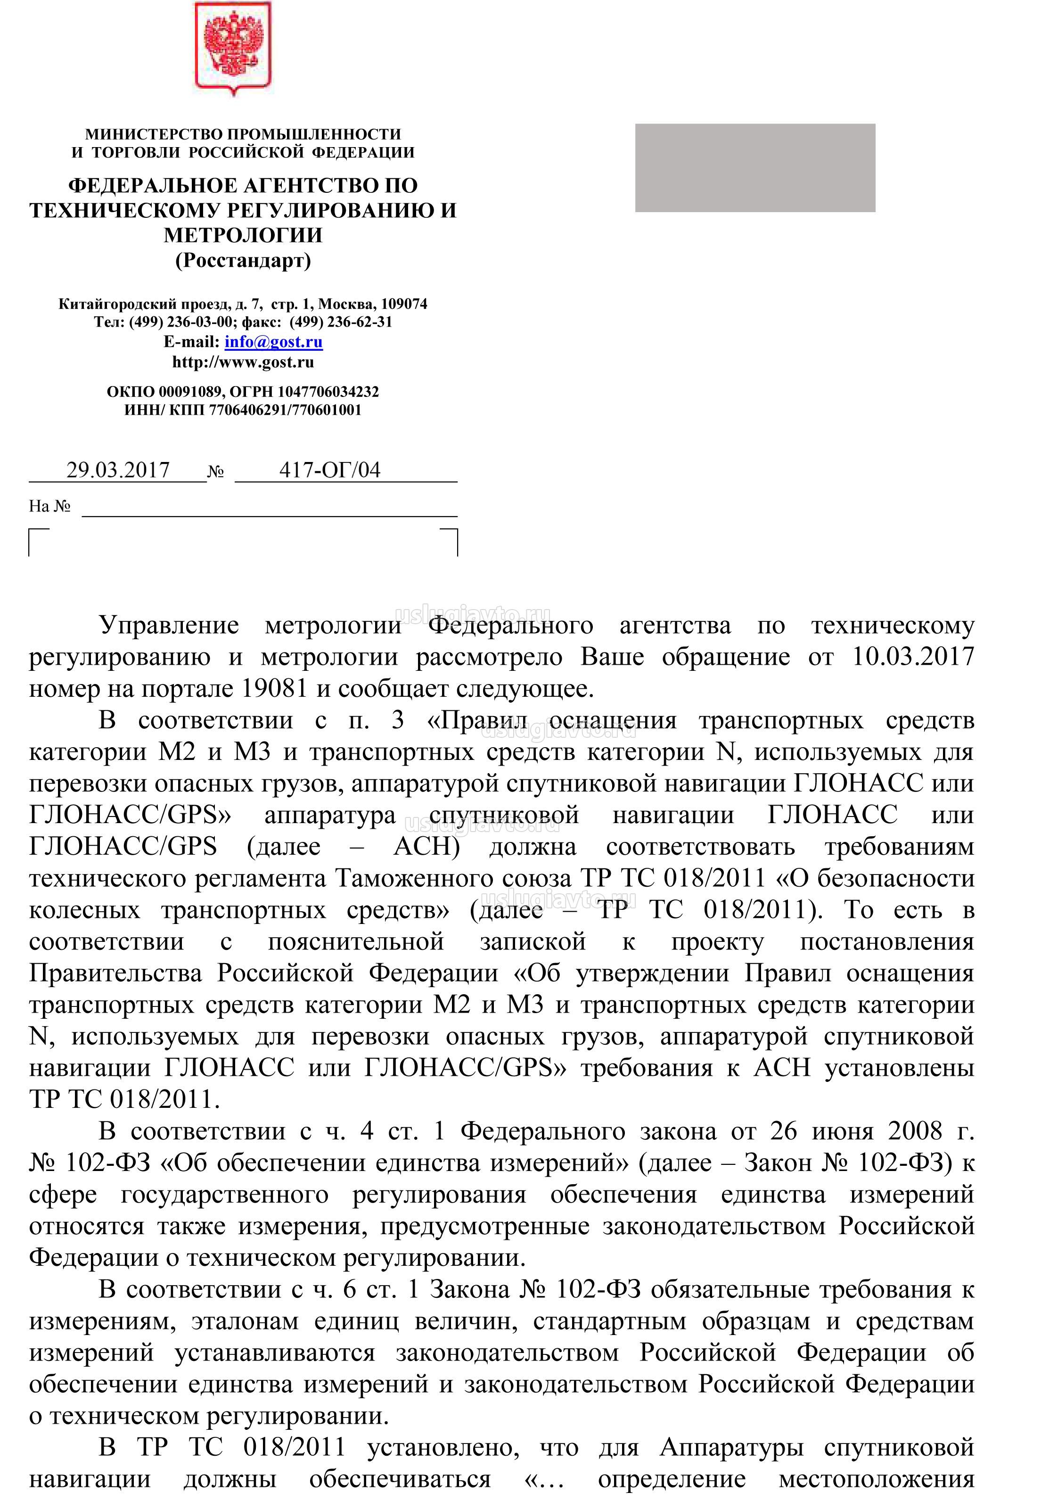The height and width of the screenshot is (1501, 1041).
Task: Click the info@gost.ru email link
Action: click(273, 342)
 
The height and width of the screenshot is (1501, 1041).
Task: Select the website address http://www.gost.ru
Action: click(243, 362)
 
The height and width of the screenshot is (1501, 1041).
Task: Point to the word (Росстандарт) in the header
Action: click(243, 261)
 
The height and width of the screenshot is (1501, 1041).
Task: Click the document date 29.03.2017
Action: click(118, 470)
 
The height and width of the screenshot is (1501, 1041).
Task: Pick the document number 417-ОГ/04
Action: click(329, 470)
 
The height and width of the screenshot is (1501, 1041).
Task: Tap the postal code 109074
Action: click(404, 304)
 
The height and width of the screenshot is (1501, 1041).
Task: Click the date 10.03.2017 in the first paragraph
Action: click(913, 657)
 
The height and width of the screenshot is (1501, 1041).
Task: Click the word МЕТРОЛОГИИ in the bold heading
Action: click(243, 236)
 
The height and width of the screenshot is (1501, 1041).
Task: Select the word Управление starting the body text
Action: click(169, 626)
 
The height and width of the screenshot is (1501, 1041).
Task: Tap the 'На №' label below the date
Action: click(49, 506)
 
